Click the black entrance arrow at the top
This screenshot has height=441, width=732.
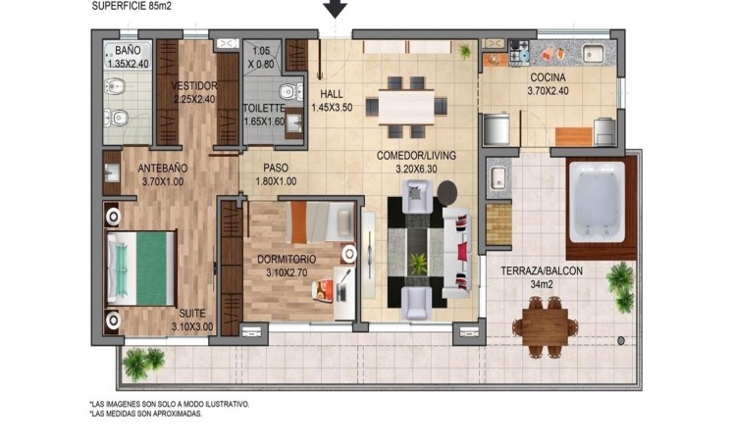click(x=336, y=8)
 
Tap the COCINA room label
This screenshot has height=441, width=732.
click(x=548, y=77)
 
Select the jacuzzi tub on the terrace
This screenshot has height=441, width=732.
click(x=598, y=201)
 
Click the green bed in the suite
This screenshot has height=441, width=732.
click(x=141, y=269)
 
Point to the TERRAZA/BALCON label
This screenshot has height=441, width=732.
click(x=542, y=270)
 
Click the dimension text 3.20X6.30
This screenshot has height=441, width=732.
click(x=416, y=170)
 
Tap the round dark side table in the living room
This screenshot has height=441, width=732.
click(x=447, y=192)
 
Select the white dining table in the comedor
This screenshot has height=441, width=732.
click(x=405, y=107)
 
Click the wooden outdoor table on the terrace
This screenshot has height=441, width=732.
click(x=545, y=326)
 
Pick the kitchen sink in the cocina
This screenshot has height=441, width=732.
click(x=593, y=54)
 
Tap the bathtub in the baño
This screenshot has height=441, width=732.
click(x=128, y=56)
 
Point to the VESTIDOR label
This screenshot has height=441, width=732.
click(x=194, y=86)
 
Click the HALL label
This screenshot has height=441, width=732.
click(x=332, y=94)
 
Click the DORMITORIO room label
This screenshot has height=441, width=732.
click(x=287, y=259)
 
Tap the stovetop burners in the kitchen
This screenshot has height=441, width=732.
click(x=519, y=52)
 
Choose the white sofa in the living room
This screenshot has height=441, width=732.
click(x=458, y=252)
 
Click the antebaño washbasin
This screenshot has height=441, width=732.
click(x=112, y=172)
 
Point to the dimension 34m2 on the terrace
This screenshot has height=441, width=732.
click(x=542, y=284)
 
